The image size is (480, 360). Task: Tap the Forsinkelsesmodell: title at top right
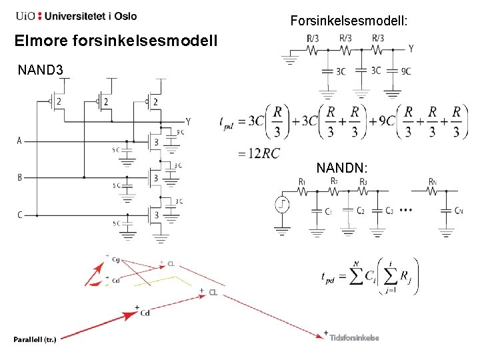[349, 21]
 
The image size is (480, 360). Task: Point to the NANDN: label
[344, 167]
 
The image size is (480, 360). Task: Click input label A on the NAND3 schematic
[19, 141]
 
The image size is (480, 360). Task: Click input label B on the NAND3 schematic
[19, 178]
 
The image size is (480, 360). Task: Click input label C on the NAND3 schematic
[19, 215]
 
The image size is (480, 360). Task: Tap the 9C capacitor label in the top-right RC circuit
[406, 71]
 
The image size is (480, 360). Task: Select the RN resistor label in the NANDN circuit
[433, 181]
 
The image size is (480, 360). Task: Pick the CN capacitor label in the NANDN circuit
[459, 211]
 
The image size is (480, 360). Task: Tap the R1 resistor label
[303, 181]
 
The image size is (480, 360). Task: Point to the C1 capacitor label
[328, 211]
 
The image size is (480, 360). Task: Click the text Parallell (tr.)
[35, 339]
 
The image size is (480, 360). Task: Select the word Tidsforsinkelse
[354, 337]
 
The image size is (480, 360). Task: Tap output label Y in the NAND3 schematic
[189, 122]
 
